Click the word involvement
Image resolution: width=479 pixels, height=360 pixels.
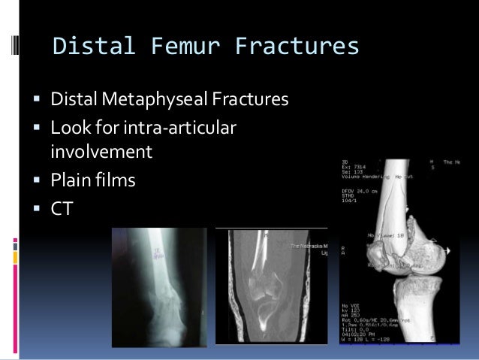101,153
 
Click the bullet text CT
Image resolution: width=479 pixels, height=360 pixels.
62,207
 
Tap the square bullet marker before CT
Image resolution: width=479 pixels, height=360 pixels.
37,208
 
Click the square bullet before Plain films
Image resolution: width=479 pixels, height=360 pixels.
37,181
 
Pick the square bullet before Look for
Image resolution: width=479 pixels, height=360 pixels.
37,130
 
